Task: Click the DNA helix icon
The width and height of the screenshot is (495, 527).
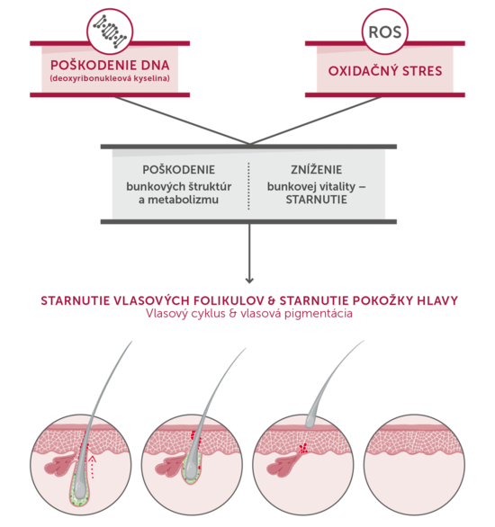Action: [x=110, y=31]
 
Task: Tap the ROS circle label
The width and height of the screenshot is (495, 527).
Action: [x=385, y=32]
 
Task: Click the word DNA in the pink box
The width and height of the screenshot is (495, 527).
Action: [x=156, y=66]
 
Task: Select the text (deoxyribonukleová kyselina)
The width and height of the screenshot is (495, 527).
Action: [x=110, y=78]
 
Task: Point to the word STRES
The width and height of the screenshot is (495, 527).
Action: [x=422, y=71]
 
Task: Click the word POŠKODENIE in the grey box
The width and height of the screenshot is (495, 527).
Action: [x=178, y=170]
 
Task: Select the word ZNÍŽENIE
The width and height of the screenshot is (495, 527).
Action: [x=317, y=169]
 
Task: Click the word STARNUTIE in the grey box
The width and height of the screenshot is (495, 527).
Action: [x=317, y=200]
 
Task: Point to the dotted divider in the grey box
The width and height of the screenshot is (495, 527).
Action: [x=248, y=186]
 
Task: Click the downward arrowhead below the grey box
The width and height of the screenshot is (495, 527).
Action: [x=249, y=280]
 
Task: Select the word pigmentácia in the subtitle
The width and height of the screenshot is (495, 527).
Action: [x=319, y=314]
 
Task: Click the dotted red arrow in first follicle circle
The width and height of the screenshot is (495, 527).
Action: [x=94, y=467]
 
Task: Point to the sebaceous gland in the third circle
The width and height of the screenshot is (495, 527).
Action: [x=282, y=464]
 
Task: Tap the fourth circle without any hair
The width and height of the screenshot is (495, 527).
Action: [x=414, y=464]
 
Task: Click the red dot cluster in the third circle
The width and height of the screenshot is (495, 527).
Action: [x=303, y=448]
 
